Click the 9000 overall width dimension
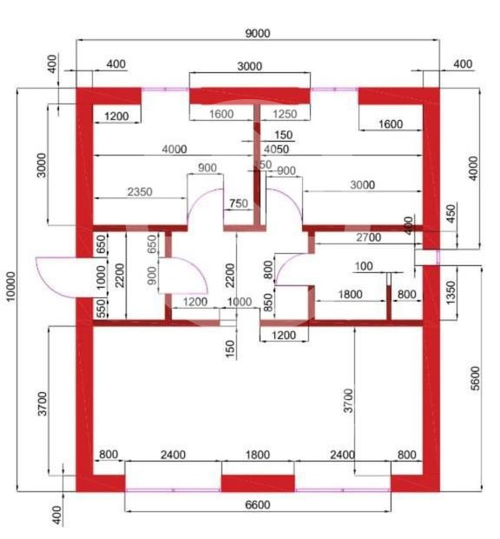click(257, 33)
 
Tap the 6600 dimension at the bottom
click(260, 505)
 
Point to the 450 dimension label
click(450, 213)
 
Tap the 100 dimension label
click(364, 266)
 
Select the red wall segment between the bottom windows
click(258, 483)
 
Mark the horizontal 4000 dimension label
click(174, 149)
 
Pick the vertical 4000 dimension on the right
click(472, 168)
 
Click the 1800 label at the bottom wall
click(258, 454)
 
